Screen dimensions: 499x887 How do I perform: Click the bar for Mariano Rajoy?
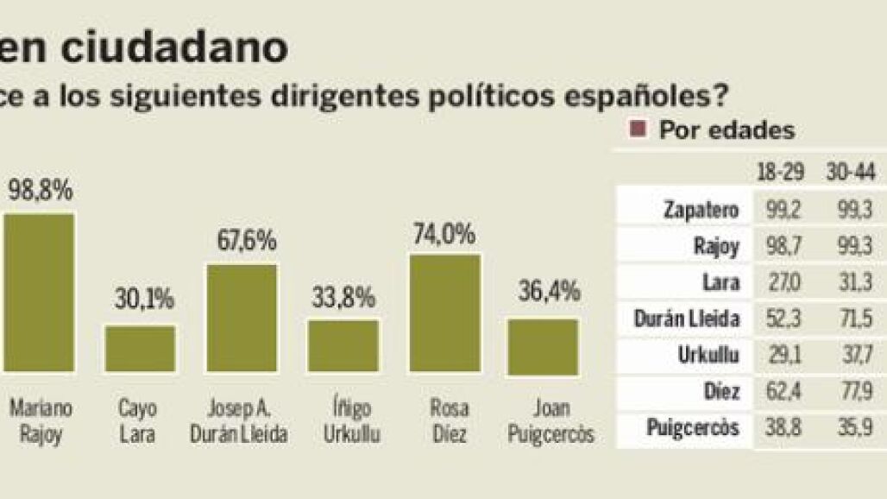39,294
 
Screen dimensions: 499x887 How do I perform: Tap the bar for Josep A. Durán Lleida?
242,318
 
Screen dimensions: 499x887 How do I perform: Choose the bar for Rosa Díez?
444,314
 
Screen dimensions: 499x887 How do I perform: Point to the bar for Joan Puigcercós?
543,346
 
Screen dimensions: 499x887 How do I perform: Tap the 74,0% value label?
444,235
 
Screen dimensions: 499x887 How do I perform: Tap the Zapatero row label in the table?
701,210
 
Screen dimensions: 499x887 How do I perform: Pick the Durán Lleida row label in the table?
686,319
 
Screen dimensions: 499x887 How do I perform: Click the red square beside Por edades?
639,130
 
